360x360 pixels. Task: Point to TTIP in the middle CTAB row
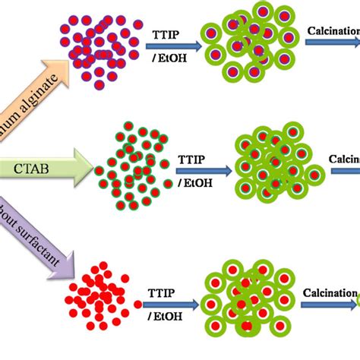click(192, 159)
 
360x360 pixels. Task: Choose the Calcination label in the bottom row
click(328, 292)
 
